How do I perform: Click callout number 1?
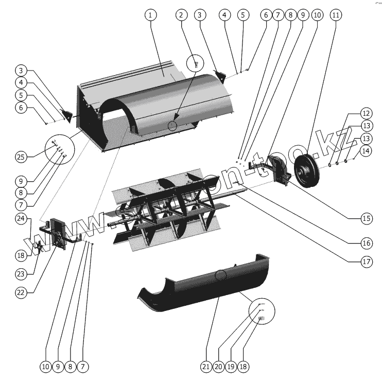[150, 15]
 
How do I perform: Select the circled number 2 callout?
[181, 15]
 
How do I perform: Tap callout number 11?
[336, 15]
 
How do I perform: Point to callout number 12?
[366, 113]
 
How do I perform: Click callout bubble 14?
[366, 151]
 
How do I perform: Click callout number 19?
[231, 367]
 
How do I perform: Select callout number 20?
[218, 367]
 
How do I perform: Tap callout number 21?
[206, 367]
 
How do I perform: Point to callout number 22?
[21, 292]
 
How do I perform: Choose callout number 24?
[21, 218]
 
